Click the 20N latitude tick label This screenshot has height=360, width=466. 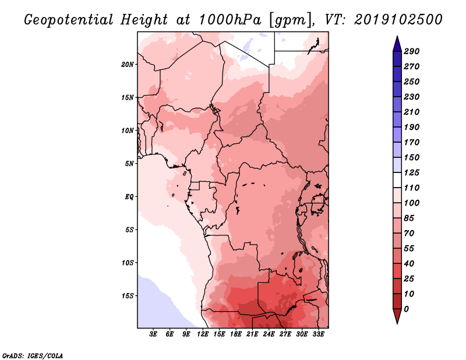point(128,64)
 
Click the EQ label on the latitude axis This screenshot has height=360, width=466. point(129,196)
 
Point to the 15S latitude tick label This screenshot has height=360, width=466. point(128,295)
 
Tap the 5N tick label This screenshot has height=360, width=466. point(129,163)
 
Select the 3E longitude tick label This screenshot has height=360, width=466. point(154,334)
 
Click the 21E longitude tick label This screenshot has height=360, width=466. point(252,334)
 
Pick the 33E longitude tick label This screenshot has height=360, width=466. point(318,334)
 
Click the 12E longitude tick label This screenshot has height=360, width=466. point(203,334)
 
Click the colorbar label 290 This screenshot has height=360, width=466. point(412,51)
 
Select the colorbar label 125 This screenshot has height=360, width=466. point(412,172)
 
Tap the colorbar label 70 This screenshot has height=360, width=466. point(409,233)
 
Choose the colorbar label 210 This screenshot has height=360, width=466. point(412,112)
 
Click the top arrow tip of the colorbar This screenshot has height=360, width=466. point(397,37)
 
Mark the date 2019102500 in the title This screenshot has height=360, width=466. point(398,19)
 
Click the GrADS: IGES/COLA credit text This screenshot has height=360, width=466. point(25,354)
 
